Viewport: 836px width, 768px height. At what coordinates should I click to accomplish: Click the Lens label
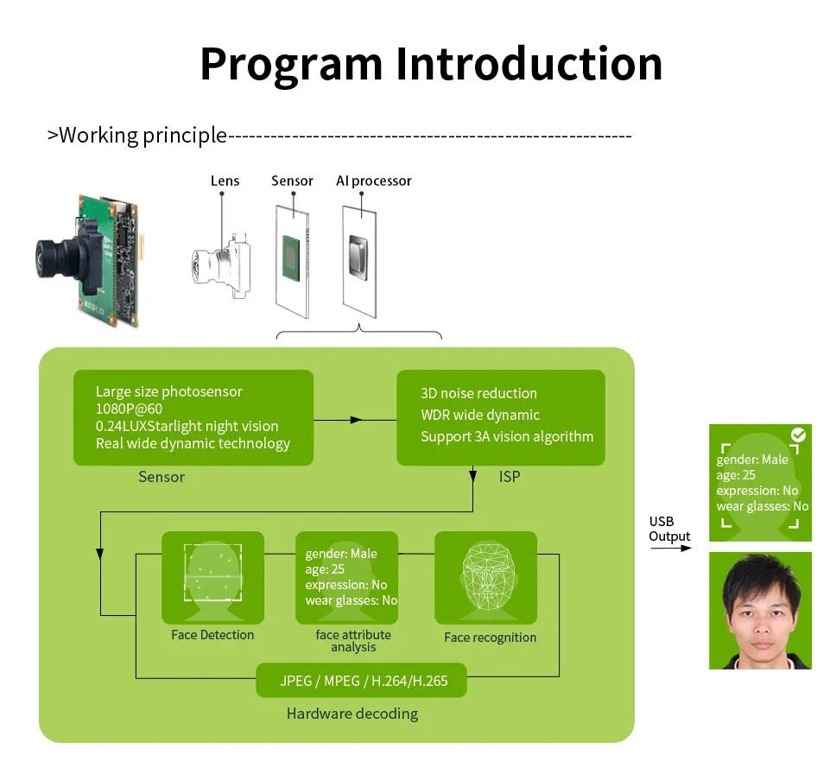click(225, 181)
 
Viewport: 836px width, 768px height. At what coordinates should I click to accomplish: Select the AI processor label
click(373, 181)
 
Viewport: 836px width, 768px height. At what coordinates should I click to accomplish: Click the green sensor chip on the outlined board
click(291, 257)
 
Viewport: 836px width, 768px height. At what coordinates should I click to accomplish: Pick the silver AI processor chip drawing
click(358, 257)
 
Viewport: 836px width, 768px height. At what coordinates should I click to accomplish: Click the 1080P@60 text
click(129, 409)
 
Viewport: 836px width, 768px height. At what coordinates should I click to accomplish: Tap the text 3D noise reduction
click(478, 394)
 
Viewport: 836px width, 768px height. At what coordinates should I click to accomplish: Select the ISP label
click(510, 477)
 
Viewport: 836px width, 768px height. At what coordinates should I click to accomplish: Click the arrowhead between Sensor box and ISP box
click(356, 420)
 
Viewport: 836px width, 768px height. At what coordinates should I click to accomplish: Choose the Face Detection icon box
click(212, 578)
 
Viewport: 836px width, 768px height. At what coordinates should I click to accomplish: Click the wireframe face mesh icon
click(489, 576)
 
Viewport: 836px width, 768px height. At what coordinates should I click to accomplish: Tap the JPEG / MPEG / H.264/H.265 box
click(361, 681)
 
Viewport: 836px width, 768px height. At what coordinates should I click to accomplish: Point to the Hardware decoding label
click(351, 714)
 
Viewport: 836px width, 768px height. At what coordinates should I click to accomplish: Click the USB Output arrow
click(671, 549)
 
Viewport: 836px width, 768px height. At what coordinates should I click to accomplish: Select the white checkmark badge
click(798, 435)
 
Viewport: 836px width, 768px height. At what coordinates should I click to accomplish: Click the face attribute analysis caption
click(353, 641)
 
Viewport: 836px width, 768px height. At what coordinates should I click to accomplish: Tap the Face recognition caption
click(490, 638)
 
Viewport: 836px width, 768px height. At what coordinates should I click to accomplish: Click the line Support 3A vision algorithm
click(506, 437)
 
